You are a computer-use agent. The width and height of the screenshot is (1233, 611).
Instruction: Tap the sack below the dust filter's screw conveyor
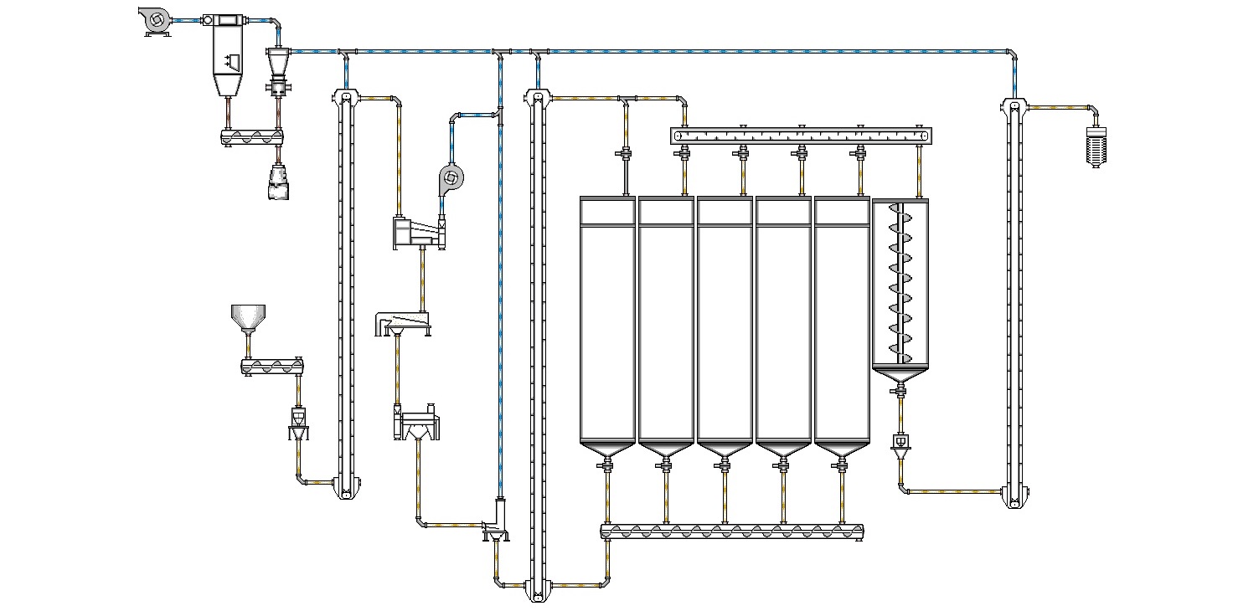[280, 182]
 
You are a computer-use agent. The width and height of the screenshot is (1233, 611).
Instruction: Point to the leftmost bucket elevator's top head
[344, 98]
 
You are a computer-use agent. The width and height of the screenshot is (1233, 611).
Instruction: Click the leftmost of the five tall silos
[607, 322]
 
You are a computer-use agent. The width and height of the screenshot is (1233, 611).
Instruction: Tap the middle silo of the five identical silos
[725, 322]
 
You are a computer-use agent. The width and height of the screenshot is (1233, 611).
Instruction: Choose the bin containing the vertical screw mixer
[900, 285]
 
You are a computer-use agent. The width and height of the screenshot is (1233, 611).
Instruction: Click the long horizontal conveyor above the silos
[802, 136]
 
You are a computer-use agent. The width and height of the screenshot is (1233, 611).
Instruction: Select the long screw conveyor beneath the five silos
[732, 531]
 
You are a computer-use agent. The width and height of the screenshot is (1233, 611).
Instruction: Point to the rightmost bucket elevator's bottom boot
[1014, 497]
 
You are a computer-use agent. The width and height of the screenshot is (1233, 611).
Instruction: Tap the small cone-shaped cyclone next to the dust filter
[279, 62]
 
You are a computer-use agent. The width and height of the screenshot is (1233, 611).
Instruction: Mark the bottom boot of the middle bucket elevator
[537, 590]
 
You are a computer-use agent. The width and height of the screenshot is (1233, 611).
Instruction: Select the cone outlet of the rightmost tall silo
[841, 450]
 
